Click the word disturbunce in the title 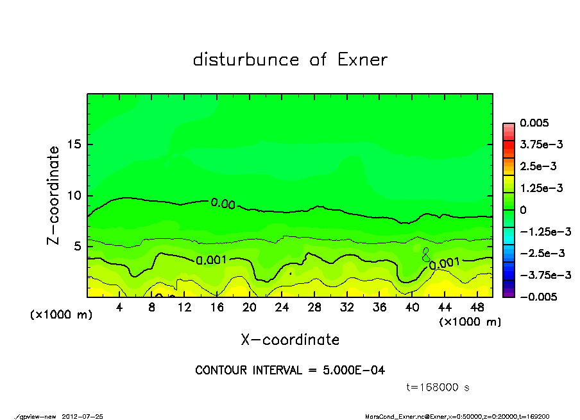(246, 60)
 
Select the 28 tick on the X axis (314, 308)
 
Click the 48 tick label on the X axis (477, 308)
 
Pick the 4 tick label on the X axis (119, 308)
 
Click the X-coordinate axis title (290, 340)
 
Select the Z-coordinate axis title (53, 195)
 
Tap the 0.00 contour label (223, 204)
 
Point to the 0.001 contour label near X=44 (444, 263)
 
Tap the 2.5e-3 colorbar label (538, 166)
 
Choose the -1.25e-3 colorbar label (545, 231)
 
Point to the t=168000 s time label (438, 387)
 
